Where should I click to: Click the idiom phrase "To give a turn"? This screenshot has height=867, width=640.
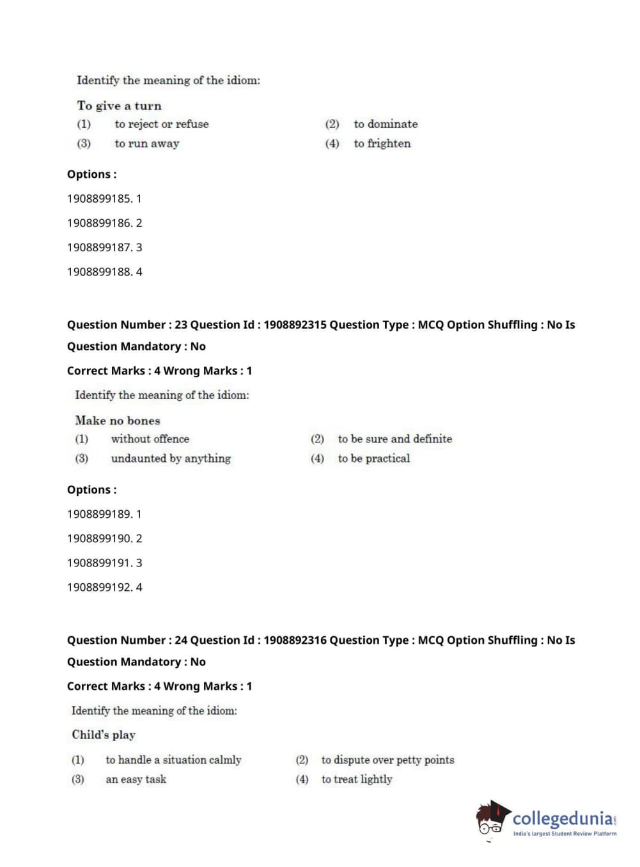pyautogui.click(x=119, y=106)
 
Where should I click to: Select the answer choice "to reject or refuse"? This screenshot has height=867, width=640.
pyautogui.click(x=161, y=124)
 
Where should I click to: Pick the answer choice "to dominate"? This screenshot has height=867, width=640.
pyautogui.click(x=386, y=124)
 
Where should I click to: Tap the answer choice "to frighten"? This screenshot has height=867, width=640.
pyautogui.click(x=382, y=144)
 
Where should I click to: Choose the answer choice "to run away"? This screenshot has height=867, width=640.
pyautogui.click(x=146, y=144)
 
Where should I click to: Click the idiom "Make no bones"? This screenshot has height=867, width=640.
pyautogui.click(x=117, y=421)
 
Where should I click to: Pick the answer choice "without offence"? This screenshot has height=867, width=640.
pyautogui.click(x=150, y=439)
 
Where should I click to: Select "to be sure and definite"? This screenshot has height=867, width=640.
pyautogui.click(x=394, y=439)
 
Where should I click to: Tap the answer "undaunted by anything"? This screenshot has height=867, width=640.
pyautogui.click(x=171, y=458)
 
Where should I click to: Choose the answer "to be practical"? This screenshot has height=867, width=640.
pyautogui.click(x=373, y=458)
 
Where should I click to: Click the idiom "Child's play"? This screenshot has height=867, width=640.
pyautogui.click(x=104, y=735)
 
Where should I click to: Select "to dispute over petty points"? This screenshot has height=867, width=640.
pyautogui.click(x=387, y=760)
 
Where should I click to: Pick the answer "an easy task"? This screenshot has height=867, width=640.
pyautogui.click(x=136, y=779)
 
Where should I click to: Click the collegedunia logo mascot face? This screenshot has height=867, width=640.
pyautogui.click(x=492, y=820)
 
